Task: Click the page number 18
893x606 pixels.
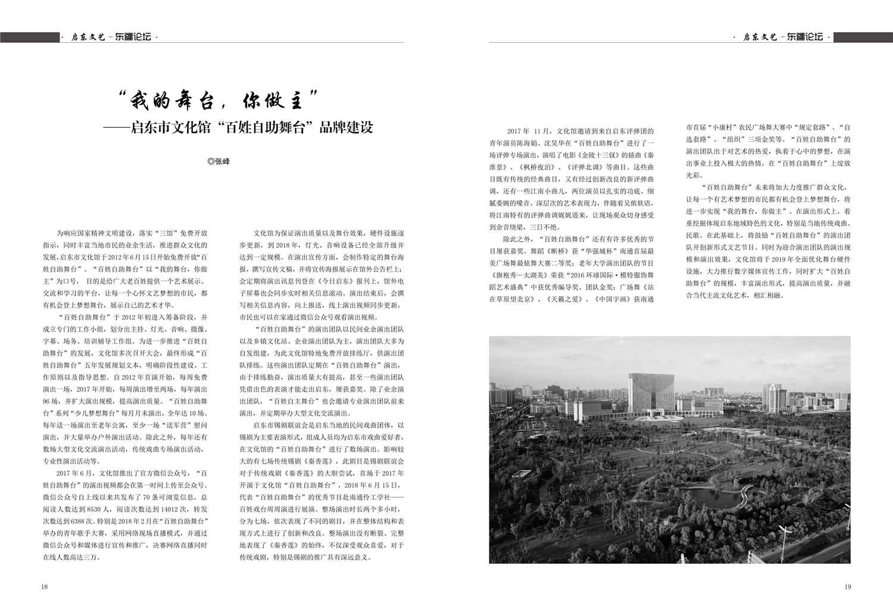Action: click(44, 586)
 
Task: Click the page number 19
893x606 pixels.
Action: click(848, 586)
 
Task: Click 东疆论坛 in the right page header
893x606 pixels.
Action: click(805, 37)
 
